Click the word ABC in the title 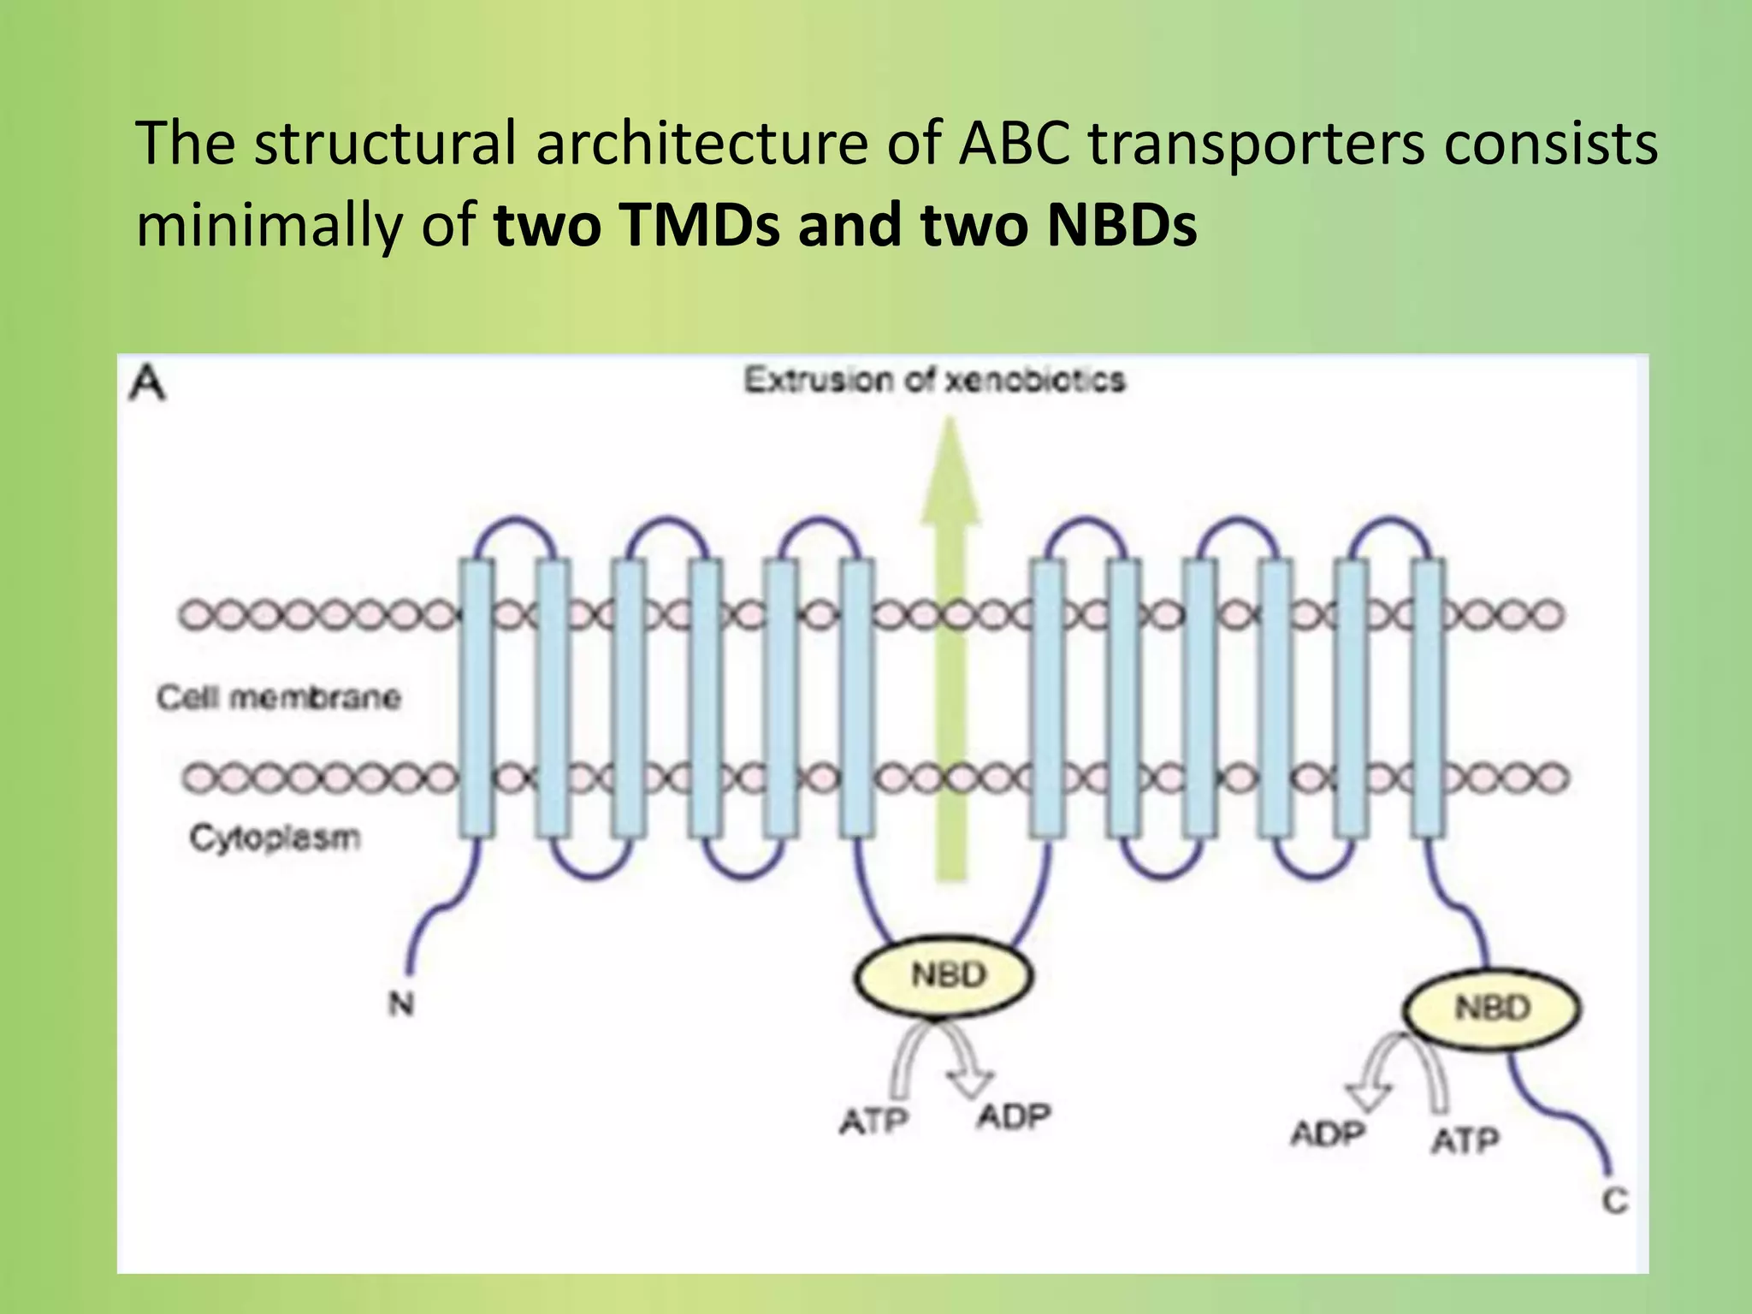[1014, 143]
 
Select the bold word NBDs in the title [1122, 225]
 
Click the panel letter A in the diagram [147, 383]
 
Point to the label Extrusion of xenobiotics [934, 380]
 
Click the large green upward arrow [949, 650]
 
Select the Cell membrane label [278, 697]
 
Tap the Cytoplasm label [275, 838]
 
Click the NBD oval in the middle [944, 975]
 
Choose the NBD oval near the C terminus [1492, 1008]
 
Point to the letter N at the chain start [400, 1003]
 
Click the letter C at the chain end [1614, 1201]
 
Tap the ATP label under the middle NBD [873, 1121]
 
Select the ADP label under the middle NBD [1013, 1116]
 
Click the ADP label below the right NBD [1328, 1135]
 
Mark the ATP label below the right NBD [1465, 1140]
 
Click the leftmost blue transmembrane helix [476, 697]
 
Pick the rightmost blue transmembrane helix [1428, 697]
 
